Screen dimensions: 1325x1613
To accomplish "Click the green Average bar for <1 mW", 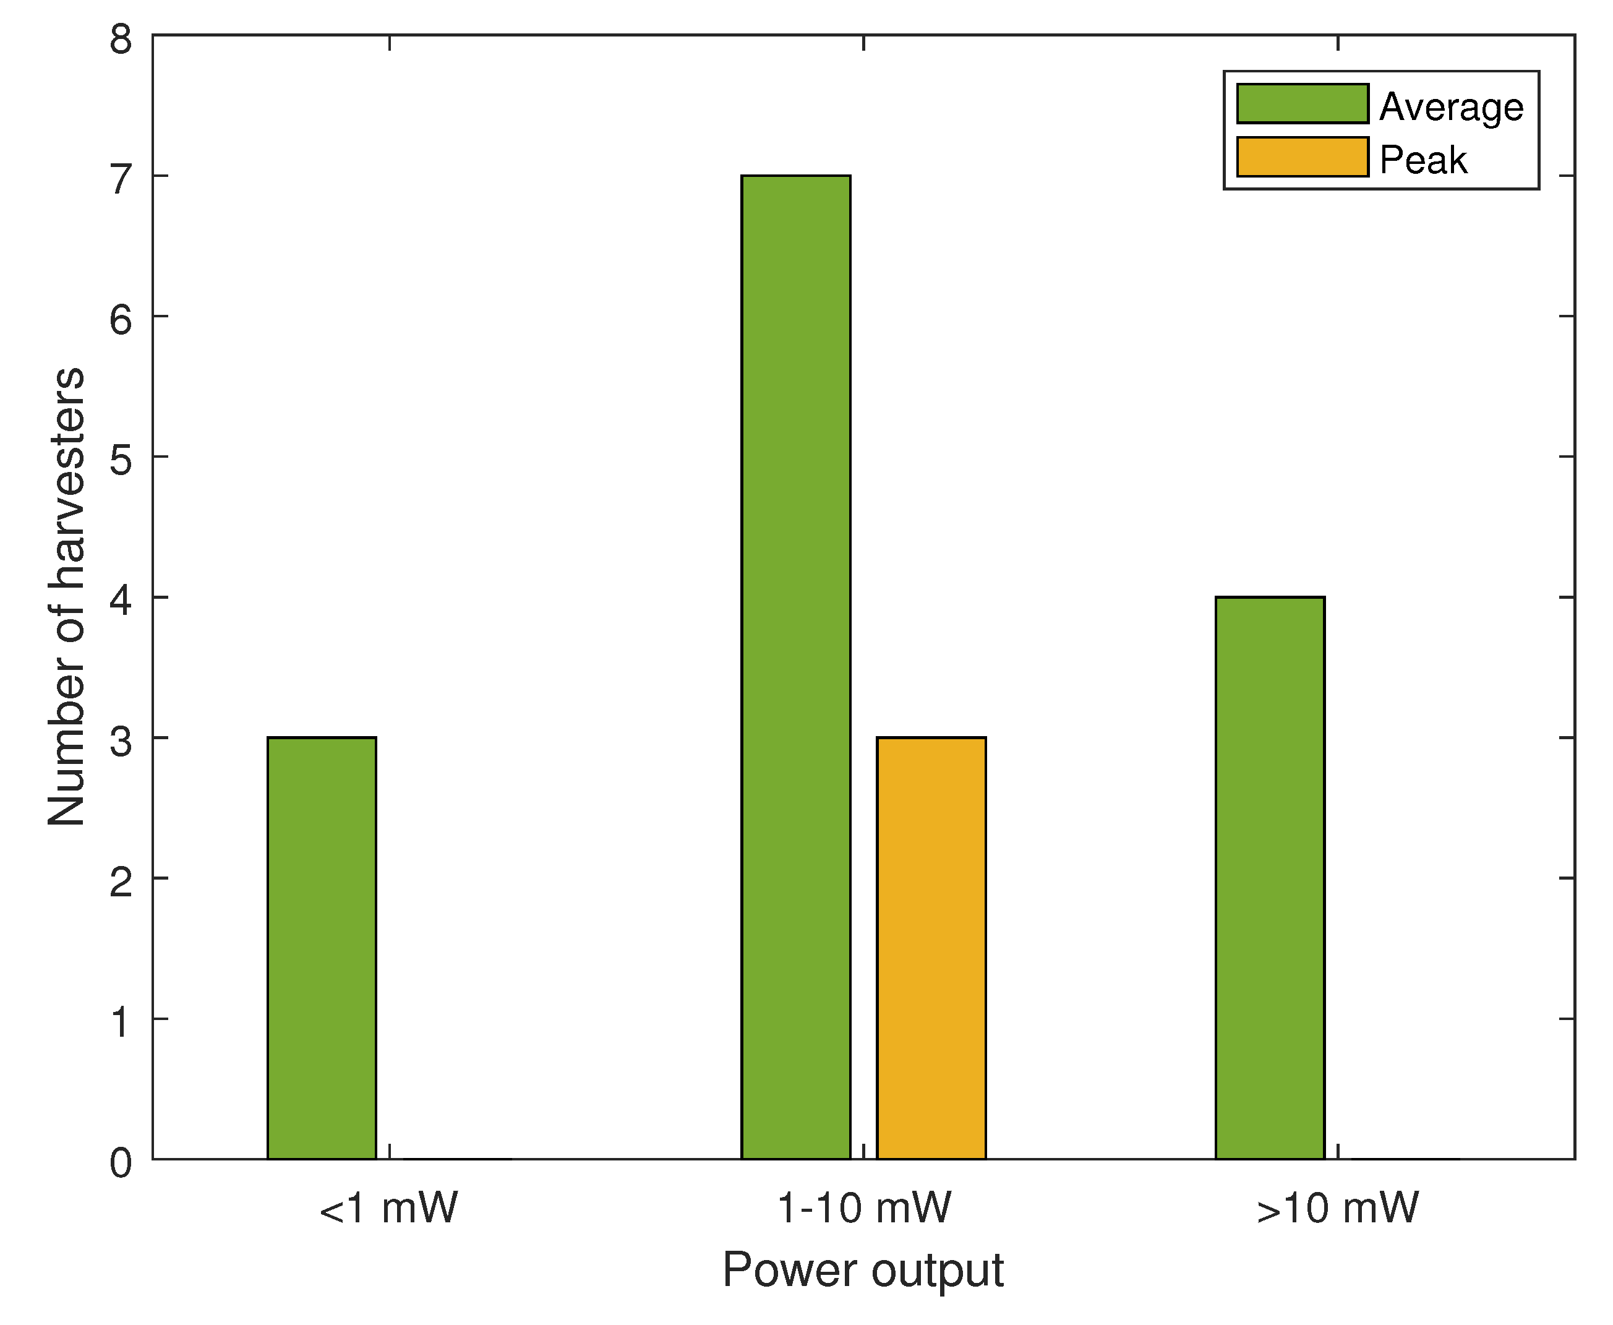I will coord(321,947).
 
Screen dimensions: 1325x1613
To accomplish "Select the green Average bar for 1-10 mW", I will coord(795,666).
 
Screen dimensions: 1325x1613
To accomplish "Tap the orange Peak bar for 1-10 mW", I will coord(931,947).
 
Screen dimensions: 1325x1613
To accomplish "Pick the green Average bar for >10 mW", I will coord(1270,877).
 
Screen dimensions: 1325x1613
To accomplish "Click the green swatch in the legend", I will coord(1302,104).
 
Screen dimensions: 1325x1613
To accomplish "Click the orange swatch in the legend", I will coord(1302,157).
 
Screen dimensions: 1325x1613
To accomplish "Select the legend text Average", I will coord(1450,107).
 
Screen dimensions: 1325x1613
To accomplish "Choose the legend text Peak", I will coord(1423,160).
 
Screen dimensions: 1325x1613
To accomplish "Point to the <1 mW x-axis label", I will coord(388,1208).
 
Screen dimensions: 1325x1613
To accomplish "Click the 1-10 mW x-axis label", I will coord(864,1208).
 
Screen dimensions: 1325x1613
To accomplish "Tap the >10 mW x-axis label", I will coord(1337,1208).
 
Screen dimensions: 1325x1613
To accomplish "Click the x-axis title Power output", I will coord(862,1270).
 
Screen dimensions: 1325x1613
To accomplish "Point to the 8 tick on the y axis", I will coord(121,38).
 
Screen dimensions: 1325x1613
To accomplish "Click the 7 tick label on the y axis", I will coord(121,179).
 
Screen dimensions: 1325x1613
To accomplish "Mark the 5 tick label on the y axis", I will coord(121,460).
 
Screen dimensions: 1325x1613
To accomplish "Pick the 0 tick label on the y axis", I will coord(121,1163).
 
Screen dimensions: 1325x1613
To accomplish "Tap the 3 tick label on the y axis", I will coord(121,740).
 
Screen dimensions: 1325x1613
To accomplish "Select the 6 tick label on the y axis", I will coord(121,319).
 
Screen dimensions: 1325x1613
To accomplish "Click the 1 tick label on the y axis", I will coord(121,1021).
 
